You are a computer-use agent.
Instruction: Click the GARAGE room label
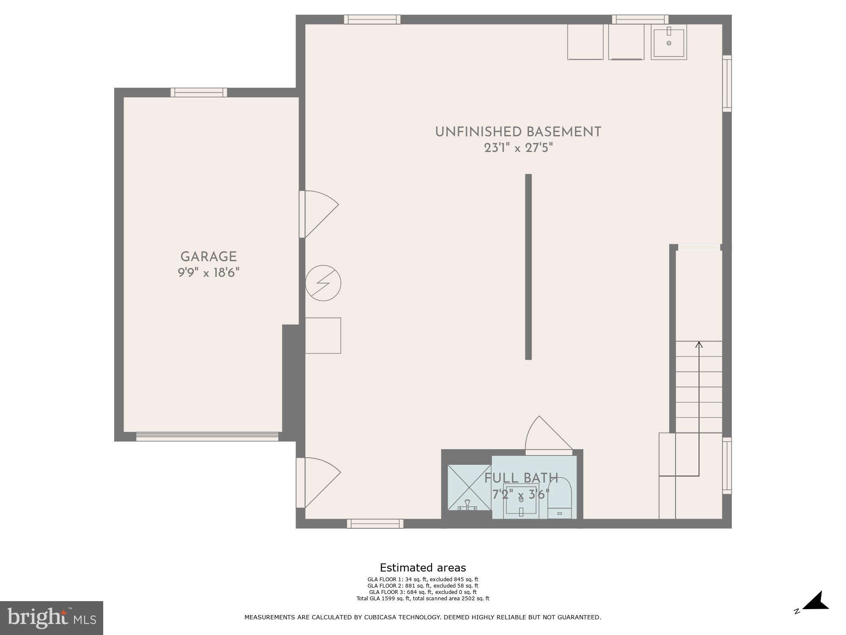click(x=209, y=257)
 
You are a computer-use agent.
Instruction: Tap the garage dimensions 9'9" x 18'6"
click(x=209, y=273)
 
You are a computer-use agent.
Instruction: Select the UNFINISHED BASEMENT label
click(x=518, y=132)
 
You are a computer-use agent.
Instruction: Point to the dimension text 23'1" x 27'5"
click(x=519, y=148)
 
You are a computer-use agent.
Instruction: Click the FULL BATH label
click(x=521, y=478)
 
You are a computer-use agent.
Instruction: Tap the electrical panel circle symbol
click(x=323, y=283)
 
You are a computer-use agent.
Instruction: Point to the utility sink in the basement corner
click(x=668, y=42)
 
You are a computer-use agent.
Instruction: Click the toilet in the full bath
click(x=560, y=502)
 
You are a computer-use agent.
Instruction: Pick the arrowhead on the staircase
click(x=699, y=345)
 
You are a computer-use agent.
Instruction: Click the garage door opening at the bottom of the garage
click(x=207, y=436)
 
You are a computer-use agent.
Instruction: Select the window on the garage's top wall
click(x=199, y=92)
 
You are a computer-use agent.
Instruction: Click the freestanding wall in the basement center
click(x=528, y=267)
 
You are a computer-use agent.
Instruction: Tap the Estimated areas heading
click(x=423, y=568)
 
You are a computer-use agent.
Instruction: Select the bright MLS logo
click(x=52, y=618)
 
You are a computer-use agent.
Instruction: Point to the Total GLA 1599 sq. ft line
click(x=423, y=598)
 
